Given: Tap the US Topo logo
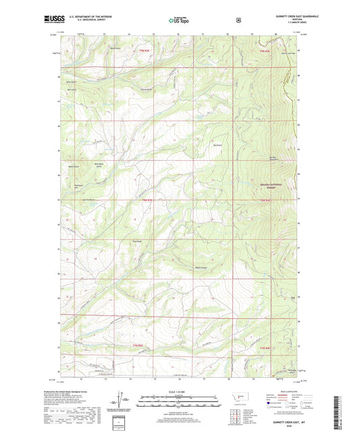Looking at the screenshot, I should pos(179,20).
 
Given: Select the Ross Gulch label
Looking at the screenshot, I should pos(97,49).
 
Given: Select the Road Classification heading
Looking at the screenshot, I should pos(283,392).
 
